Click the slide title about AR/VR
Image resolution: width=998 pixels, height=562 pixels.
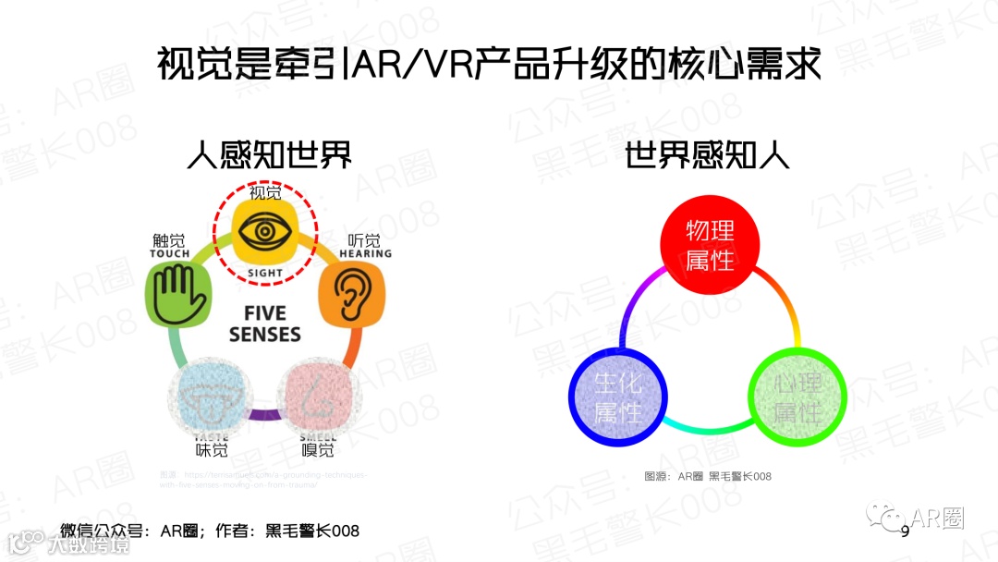[x=489, y=65]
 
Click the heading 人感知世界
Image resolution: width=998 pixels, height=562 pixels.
[x=269, y=153]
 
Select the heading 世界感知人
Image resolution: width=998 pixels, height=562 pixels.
[x=707, y=153]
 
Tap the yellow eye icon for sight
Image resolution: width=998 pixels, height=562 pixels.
[x=265, y=231]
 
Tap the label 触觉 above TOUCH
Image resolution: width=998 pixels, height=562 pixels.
[x=169, y=240]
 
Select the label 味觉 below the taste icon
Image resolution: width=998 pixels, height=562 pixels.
[x=212, y=450]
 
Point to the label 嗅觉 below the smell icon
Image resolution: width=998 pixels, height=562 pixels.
[x=318, y=450]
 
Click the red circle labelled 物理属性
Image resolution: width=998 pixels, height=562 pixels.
[x=710, y=246]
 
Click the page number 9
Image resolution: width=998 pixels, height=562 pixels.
[x=905, y=531]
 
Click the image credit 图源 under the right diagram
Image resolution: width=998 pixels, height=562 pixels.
[x=708, y=476]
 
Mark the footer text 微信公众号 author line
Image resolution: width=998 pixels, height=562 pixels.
[x=210, y=531]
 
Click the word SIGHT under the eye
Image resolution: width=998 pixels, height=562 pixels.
[x=265, y=274]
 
